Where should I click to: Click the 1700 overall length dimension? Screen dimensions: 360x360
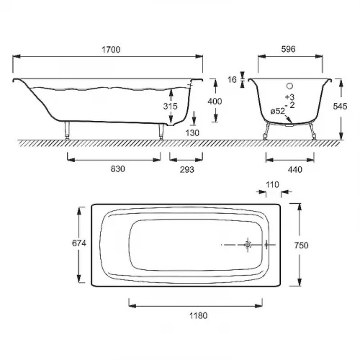coord(111,50)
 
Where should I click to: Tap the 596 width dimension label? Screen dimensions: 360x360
coord(288,49)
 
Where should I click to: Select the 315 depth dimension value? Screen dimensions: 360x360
coord(170,106)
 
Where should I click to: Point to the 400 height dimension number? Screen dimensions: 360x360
coord(215,102)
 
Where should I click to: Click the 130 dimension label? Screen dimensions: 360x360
coord(192,132)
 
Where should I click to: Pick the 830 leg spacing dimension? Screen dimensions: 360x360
coord(118,169)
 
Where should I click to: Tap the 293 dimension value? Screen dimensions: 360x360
coord(187,169)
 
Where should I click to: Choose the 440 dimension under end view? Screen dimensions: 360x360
coord(295,169)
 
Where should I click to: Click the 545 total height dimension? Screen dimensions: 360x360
coord(340,106)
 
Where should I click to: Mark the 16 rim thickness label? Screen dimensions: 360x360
coord(232,79)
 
